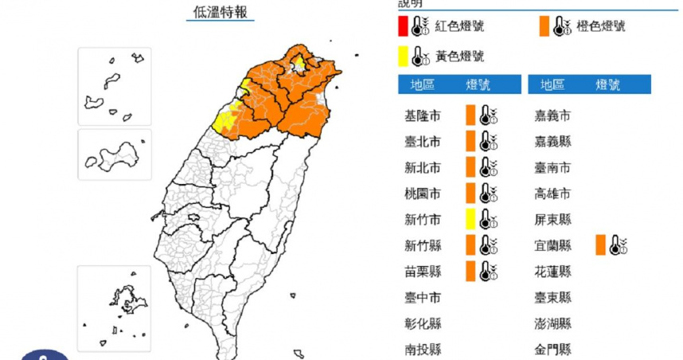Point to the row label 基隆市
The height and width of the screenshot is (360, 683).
click(x=422, y=116)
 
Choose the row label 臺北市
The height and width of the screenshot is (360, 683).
click(x=422, y=142)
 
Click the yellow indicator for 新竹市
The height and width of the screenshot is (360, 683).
click(x=470, y=219)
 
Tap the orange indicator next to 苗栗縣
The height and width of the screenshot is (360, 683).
click(x=470, y=271)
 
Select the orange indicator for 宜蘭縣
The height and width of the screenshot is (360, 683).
click(x=600, y=245)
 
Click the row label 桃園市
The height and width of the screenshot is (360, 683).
click(x=422, y=194)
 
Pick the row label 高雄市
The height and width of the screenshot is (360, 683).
click(x=553, y=194)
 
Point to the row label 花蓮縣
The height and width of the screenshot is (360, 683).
click(x=553, y=271)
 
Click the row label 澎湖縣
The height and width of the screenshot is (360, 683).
click(x=553, y=323)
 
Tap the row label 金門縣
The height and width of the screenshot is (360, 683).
click(x=553, y=349)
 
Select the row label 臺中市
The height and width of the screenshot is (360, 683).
click(x=422, y=297)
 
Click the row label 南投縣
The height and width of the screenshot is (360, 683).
click(x=422, y=349)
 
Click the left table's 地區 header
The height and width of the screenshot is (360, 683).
click(x=422, y=84)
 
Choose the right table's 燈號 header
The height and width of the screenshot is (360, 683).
click(x=608, y=84)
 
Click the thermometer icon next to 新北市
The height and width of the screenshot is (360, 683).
click(x=487, y=168)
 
